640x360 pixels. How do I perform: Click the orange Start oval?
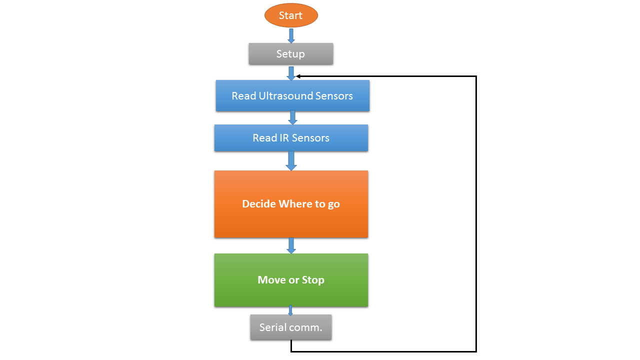click(x=291, y=15)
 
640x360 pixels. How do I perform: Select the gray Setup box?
click(x=291, y=53)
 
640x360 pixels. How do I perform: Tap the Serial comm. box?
click(x=291, y=327)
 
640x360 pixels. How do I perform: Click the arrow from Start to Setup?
click(x=291, y=35)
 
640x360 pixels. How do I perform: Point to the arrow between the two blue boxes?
click(x=292, y=117)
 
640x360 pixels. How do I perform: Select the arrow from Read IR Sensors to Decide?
click(x=291, y=161)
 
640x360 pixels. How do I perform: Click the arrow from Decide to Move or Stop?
click(x=291, y=245)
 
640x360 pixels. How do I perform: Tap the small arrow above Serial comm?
click(x=290, y=310)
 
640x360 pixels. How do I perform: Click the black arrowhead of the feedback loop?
click(x=298, y=76)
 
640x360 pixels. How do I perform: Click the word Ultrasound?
click(x=285, y=96)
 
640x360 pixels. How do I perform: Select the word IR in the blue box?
click(x=284, y=138)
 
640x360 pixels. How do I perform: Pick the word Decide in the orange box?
click(x=259, y=204)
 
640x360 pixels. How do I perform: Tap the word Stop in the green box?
click(x=313, y=280)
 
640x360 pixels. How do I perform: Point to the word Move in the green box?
click(x=271, y=280)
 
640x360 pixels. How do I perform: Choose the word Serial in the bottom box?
click(x=271, y=327)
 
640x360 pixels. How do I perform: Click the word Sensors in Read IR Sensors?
click(x=310, y=138)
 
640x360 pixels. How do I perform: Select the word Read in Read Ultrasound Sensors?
click(x=243, y=96)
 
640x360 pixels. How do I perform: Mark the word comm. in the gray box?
click(x=304, y=327)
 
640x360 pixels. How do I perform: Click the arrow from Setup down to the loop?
click(x=291, y=73)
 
